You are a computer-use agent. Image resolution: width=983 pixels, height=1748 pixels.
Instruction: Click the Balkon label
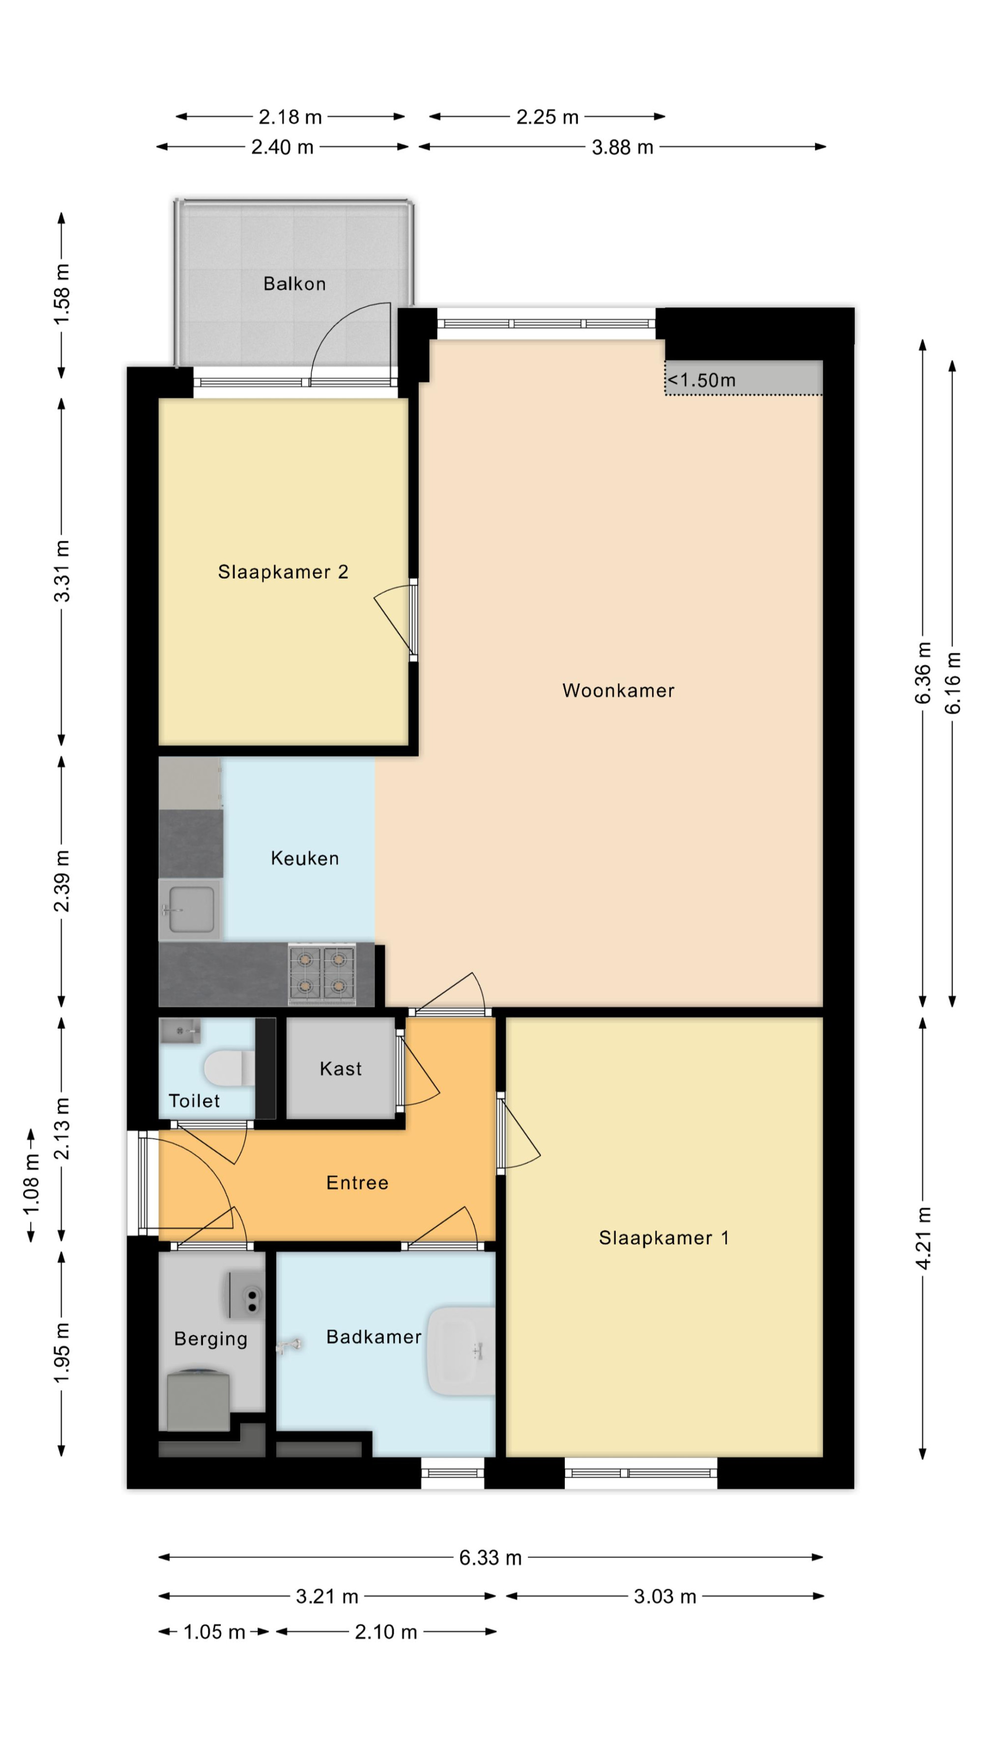(294, 284)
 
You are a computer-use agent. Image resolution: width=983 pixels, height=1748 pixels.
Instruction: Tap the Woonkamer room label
(618, 691)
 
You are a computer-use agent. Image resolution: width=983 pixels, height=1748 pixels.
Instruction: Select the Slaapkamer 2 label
(283, 572)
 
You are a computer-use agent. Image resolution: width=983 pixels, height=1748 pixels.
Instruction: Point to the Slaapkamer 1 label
(664, 1238)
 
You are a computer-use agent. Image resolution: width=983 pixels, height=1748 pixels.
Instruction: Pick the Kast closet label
(341, 1069)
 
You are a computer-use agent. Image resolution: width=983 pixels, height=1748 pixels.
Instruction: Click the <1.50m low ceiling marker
(701, 380)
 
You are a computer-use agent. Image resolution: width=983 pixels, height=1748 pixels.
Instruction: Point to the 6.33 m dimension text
(491, 1557)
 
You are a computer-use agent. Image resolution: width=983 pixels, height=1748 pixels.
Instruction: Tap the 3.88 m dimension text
(622, 147)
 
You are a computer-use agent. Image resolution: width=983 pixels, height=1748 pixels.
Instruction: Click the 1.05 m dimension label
(214, 1632)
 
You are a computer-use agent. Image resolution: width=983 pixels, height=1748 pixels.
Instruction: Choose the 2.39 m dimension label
(62, 881)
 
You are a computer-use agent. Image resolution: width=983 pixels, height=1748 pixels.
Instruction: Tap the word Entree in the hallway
(357, 1183)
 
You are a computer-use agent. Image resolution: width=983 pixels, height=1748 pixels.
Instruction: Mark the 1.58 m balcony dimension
(62, 294)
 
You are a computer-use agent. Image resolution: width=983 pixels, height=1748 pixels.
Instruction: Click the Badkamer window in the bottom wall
(453, 1474)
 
